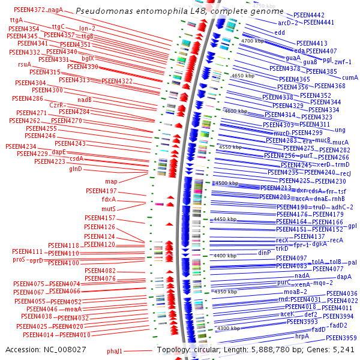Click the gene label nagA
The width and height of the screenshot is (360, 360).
[x=56, y=10]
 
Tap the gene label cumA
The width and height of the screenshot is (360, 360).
[x=350, y=78]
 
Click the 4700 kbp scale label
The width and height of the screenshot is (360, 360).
[x=252, y=41]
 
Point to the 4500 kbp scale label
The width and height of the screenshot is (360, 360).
[x=227, y=183]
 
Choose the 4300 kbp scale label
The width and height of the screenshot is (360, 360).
[x=229, y=328]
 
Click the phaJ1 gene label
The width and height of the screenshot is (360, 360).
[x=115, y=350]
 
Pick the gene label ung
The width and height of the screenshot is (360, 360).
[x=340, y=130]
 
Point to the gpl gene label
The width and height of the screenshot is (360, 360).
[x=352, y=226]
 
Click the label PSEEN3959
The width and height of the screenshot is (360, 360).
[x=341, y=338]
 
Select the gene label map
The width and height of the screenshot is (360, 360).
[x=111, y=181]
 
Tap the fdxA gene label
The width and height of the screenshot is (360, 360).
[x=109, y=199]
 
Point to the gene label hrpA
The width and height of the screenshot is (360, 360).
[x=302, y=336]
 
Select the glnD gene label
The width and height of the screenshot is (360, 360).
[x=76, y=169]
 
